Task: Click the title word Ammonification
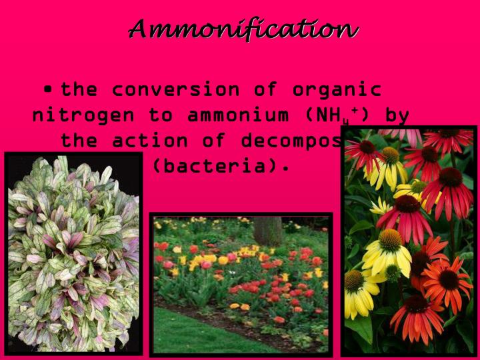point(243,29)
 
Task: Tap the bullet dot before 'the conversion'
point(48,89)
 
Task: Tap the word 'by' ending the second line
point(397,115)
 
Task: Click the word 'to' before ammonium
point(161,115)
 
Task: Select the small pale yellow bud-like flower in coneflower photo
point(382,206)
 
